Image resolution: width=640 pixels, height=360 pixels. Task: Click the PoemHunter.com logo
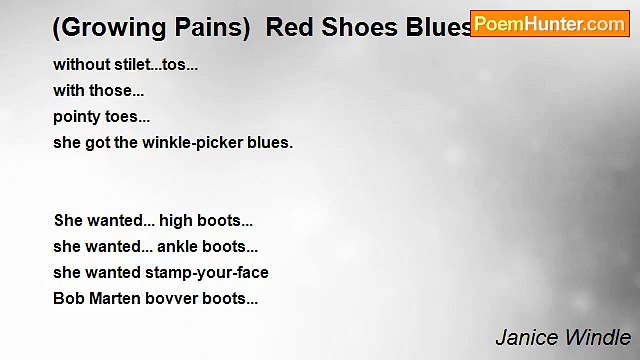(549, 23)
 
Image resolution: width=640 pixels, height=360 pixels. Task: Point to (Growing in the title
(99, 28)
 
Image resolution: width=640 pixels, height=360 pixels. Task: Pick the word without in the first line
(80, 64)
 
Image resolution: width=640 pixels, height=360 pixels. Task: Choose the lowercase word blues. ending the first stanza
(271, 142)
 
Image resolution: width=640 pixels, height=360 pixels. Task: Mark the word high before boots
(176, 220)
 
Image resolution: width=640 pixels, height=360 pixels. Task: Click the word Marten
(114, 298)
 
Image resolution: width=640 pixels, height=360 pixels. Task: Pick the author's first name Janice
(527, 337)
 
